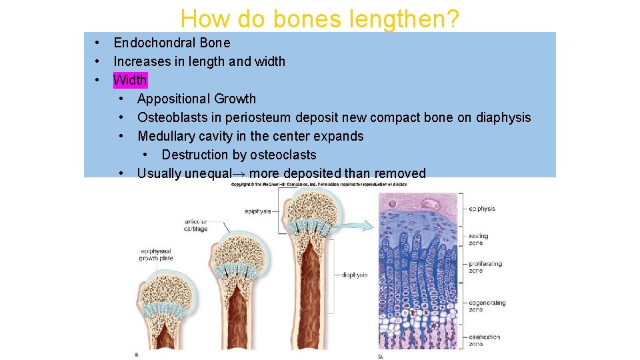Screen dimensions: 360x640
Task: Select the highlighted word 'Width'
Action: pos(130,80)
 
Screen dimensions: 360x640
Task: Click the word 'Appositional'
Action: pos(173,99)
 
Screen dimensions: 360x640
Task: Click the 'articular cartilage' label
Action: pos(196,225)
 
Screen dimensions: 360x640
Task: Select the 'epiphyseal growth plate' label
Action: pos(156,255)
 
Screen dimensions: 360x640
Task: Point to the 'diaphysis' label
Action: pos(355,274)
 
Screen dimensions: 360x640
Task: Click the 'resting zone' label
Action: pos(478,239)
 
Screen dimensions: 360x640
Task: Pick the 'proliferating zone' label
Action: pos(485,267)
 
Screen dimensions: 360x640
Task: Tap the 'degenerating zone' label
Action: pos(487,306)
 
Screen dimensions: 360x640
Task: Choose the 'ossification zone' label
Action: pos(484,340)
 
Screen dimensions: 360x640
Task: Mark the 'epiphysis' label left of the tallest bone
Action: pos(257,211)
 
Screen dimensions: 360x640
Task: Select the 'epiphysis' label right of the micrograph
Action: pos(482,209)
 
